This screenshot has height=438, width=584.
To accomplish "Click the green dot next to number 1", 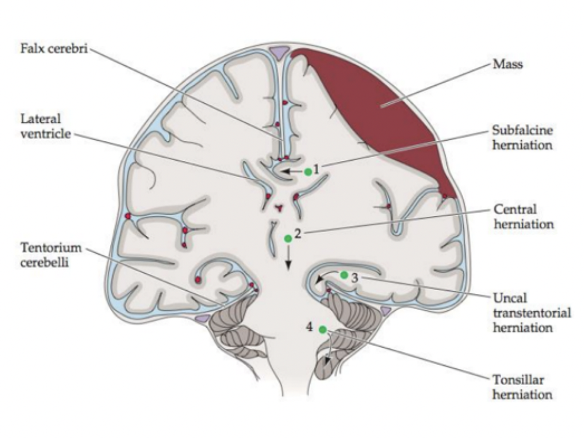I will click(308, 171).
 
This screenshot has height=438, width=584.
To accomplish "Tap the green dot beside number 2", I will click(288, 238).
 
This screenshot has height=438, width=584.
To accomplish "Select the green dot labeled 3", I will click(344, 275).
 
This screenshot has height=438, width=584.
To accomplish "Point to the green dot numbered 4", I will click(323, 329).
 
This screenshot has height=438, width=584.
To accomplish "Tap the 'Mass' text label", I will click(507, 64).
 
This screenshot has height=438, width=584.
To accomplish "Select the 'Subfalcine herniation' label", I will click(522, 137).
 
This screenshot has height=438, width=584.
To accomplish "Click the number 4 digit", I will click(310, 327).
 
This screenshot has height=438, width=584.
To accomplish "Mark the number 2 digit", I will click(298, 233).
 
